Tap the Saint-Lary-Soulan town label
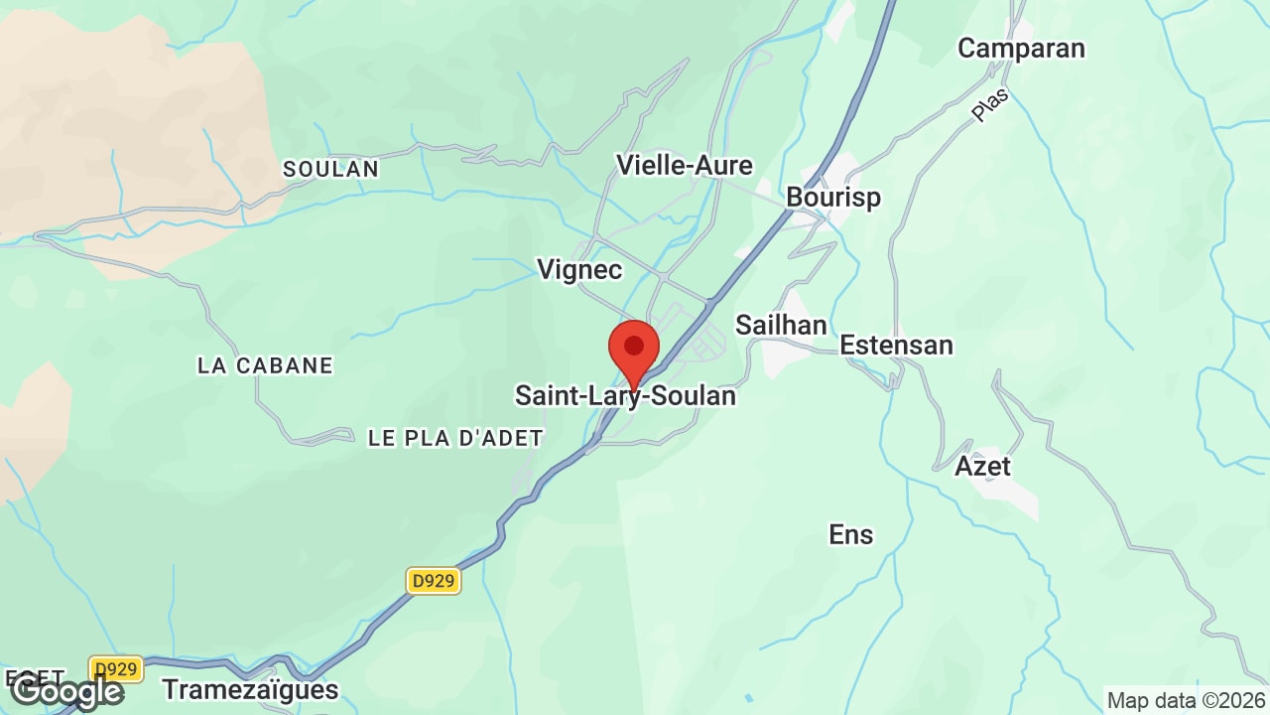(625, 396)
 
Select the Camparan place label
(1021, 48)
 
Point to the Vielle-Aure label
(685, 165)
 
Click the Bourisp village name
(833, 198)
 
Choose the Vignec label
(579, 269)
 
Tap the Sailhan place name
(781, 325)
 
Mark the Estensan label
(896, 346)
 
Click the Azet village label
(982, 466)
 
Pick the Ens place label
(851, 534)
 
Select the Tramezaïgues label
(250, 689)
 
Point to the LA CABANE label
(265, 365)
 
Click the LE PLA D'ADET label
(455, 438)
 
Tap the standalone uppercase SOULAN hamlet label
(331, 170)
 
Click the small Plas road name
(989, 104)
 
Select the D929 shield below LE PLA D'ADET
(434, 581)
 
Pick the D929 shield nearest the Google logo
(116, 668)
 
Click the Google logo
(66, 691)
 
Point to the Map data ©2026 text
(1186, 700)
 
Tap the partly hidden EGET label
(35, 677)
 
